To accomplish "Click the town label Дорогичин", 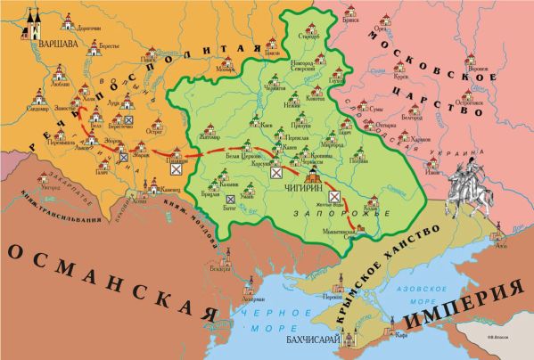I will click(92, 28).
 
